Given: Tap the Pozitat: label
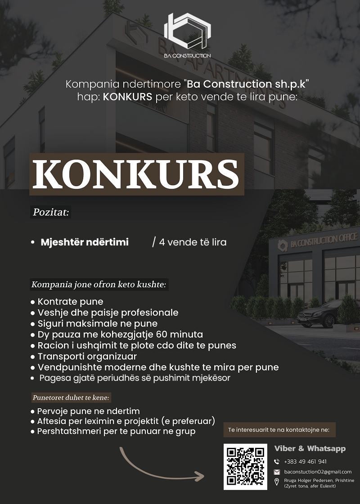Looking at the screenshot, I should (x=51, y=212).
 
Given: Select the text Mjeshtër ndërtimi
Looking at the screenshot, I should (x=85, y=242).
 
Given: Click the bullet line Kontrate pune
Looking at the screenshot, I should (x=70, y=301).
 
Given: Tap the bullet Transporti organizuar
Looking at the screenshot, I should (x=87, y=357).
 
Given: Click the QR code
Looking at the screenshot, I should (x=245, y=467).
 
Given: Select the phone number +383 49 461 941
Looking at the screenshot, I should (x=306, y=462).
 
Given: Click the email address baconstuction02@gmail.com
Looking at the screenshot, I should (x=318, y=472).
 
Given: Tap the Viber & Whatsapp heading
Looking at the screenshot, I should (x=310, y=449).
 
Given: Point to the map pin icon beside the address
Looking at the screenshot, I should (x=277, y=482).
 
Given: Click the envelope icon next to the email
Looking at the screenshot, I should (x=277, y=472).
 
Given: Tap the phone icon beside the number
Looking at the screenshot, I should (x=277, y=462).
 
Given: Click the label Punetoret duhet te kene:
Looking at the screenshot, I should (x=71, y=398).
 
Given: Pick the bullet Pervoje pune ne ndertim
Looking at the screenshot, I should (x=88, y=411).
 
